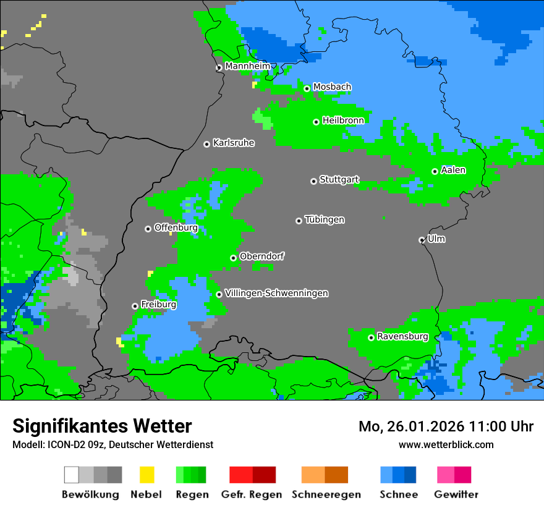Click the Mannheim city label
[247, 66]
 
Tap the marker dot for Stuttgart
[313, 181]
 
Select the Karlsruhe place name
[233, 143]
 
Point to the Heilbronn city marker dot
[316, 122]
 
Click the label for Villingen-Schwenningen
[276, 293]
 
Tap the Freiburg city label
[158, 305]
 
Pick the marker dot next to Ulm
[422, 240]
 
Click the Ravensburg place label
[402, 337]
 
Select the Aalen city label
[453, 170]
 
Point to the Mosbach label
[332, 87]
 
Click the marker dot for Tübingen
[299, 221]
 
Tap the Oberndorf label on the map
[261, 256]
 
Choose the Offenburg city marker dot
[148, 229]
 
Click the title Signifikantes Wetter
[102, 426]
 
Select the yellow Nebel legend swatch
[147, 475]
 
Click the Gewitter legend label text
[456, 494]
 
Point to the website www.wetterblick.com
[446, 444]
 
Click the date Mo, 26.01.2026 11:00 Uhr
[446, 426]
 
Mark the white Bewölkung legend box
[71, 475]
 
